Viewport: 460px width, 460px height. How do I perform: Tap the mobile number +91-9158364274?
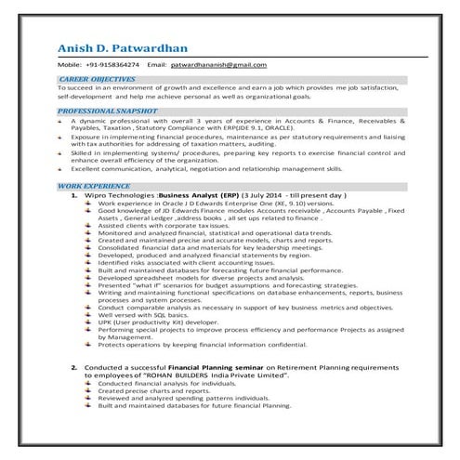pos(112,65)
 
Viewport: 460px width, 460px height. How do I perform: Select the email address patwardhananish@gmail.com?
pos(221,65)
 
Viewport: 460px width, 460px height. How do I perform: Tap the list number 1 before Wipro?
pos(74,196)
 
